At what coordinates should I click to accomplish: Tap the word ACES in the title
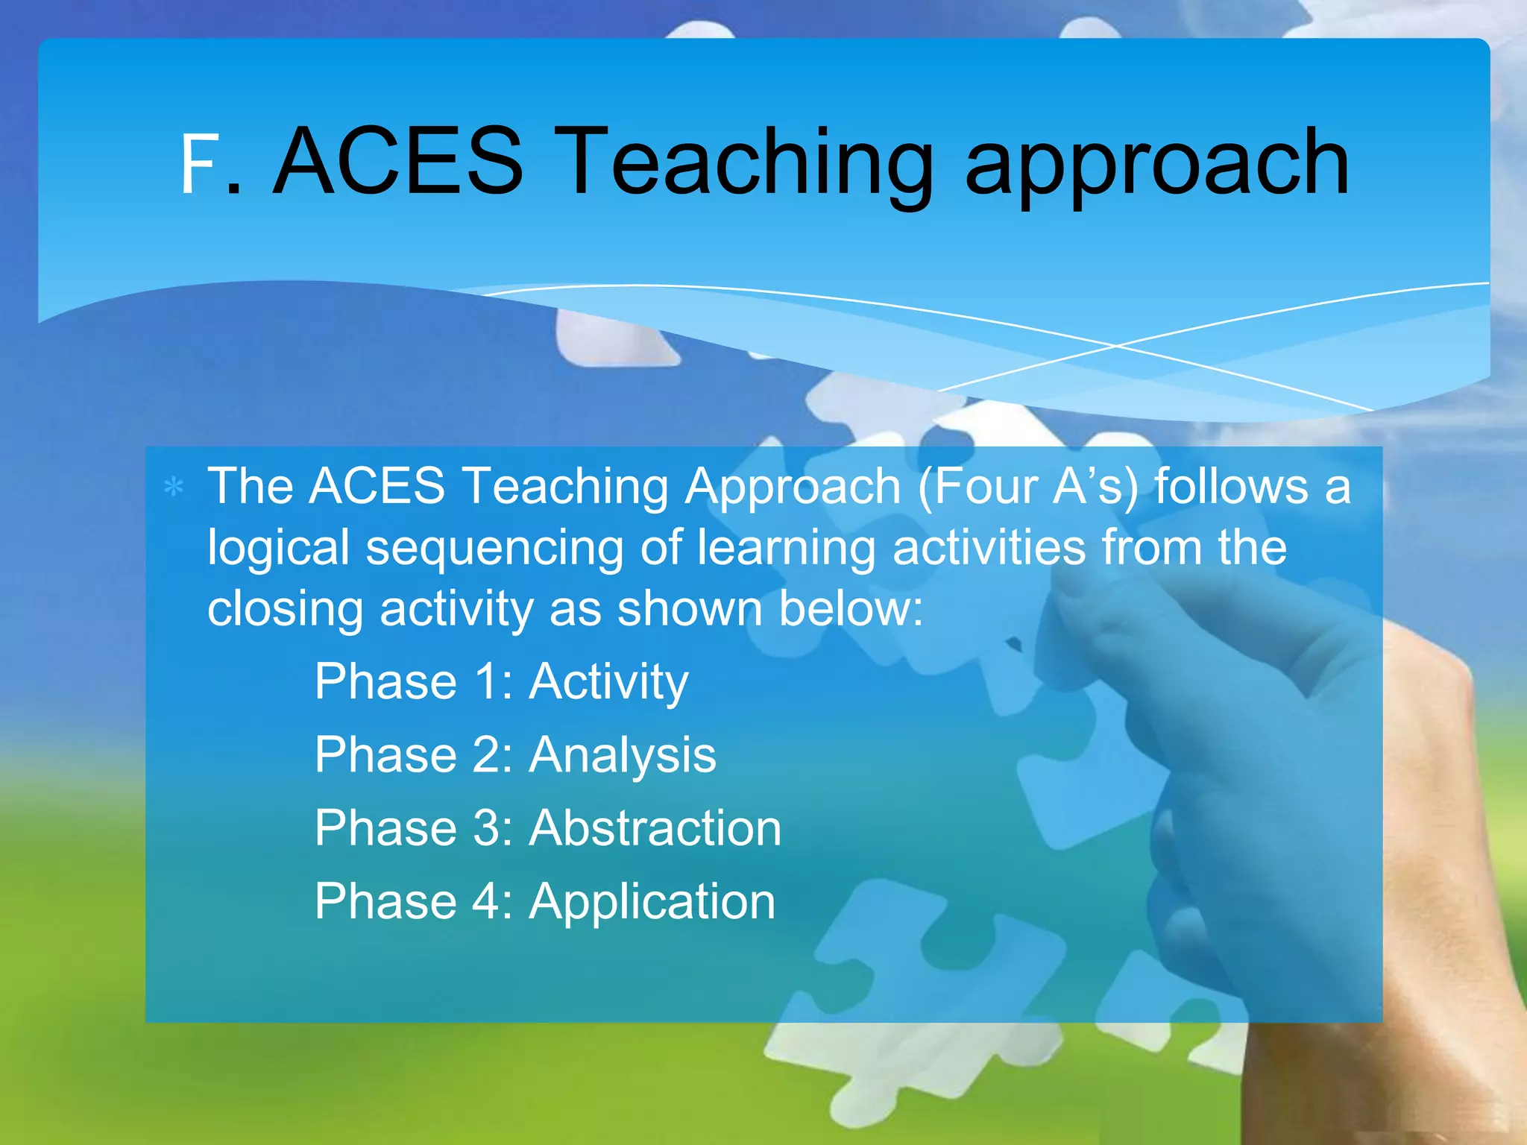point(398,162)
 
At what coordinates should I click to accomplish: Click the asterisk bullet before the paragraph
point(174,488)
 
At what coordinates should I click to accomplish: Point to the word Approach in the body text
point(793,486)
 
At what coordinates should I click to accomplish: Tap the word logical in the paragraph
point(278,549)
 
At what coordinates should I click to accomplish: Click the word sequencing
point(494,549)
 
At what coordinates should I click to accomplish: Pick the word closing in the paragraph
point(285,610)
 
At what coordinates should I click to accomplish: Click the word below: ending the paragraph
point(851,608)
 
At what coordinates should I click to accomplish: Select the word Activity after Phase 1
point(608,682)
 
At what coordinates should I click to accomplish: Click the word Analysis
point(623,756)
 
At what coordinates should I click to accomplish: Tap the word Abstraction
point(655,827)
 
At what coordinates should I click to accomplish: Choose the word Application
point(652,902)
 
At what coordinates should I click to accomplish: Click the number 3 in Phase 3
point(485,827)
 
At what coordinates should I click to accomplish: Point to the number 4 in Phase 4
point(485,901)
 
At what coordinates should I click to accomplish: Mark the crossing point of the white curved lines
point(1116,346)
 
